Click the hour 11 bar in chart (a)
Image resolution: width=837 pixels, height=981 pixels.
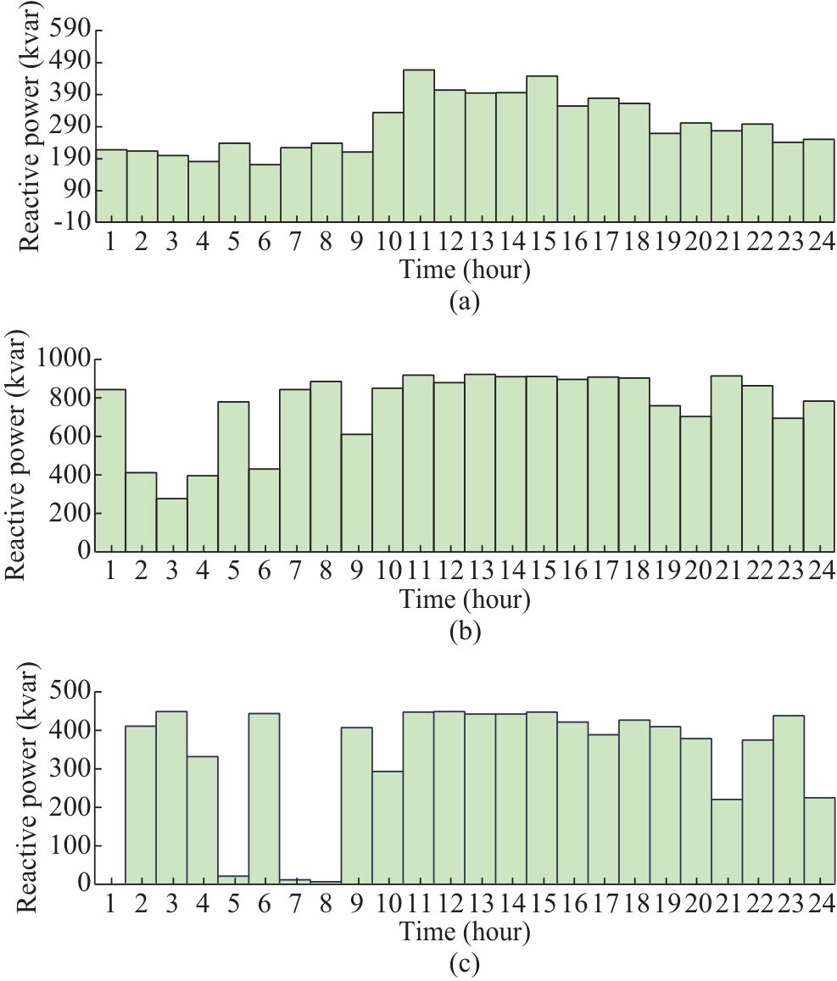pos(419,146)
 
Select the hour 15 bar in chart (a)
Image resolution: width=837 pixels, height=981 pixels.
pos(542,149)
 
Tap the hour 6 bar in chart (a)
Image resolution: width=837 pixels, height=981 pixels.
pos(265,193)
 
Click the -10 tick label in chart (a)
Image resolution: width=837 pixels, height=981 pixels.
pos(75,222)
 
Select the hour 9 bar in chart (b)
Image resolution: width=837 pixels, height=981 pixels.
pos(357,493)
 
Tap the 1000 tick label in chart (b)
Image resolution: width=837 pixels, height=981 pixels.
pos(69,360)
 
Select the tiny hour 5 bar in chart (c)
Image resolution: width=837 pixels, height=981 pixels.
pos(233,879)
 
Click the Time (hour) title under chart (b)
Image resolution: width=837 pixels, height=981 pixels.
pos(465,600)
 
